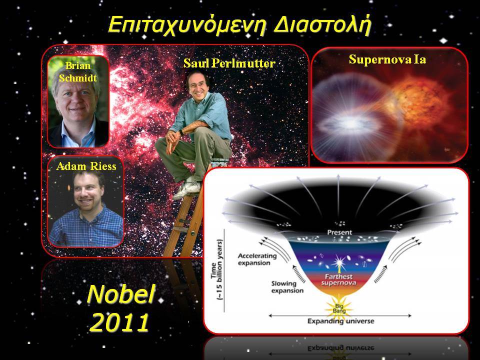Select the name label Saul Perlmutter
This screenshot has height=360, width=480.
[229, 63]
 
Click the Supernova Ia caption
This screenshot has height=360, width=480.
[387, 59]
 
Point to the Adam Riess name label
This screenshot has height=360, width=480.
[86, 166]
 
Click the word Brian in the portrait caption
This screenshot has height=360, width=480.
[78, 65]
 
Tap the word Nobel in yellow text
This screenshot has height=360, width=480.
[121, 294]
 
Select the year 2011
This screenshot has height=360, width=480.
[119, 322]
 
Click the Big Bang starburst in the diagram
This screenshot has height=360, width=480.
[339, 308]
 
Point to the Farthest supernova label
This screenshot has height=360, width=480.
[338, 280]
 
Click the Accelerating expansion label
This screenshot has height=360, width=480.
[257, 259]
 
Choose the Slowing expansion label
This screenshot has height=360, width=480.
[287, 287]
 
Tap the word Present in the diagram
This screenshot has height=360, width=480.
[339, 232]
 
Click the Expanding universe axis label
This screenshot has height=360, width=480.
[340, 321]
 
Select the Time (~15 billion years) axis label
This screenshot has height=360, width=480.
[217, 269]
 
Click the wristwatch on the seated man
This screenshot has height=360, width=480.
[181, 132]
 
